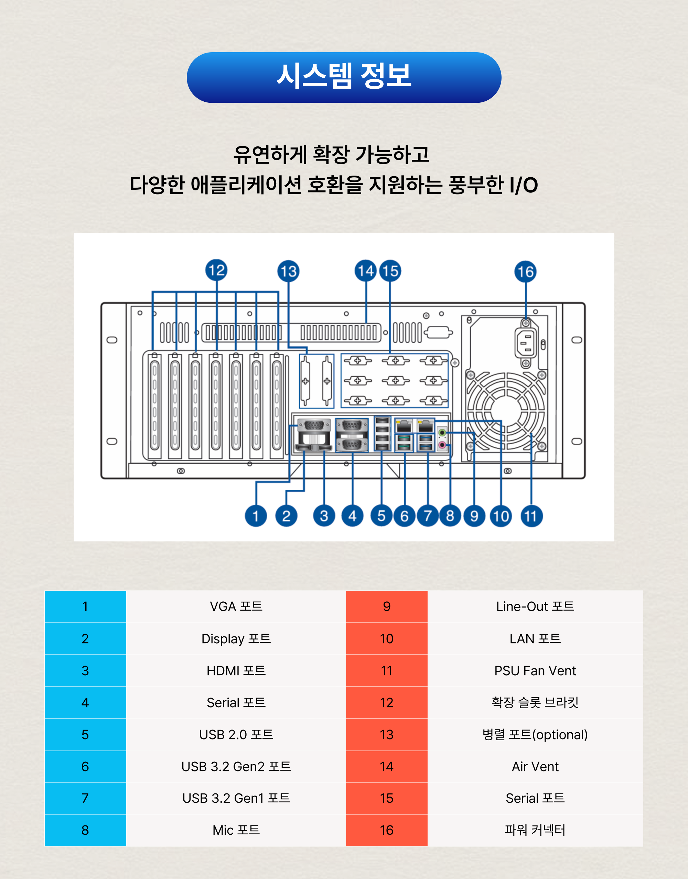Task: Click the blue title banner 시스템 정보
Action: [344, 77]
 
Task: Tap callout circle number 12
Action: [216, 270]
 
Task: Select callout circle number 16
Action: [525, 272]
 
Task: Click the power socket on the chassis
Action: [526, 343]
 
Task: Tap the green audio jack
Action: [442, 433]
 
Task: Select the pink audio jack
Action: [442, 445]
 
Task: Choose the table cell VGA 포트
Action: [236, 607]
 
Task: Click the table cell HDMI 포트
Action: [236, 670]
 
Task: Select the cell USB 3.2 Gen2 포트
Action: [236, 766]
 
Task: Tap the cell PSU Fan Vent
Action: [535, 670]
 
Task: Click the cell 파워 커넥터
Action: [535, 830]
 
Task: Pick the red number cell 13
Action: [387, 735]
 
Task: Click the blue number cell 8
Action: [85, 830]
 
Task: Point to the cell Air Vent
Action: [535, 766]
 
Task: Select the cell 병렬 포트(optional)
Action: [535, 735]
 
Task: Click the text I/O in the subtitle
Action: [523, 185]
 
